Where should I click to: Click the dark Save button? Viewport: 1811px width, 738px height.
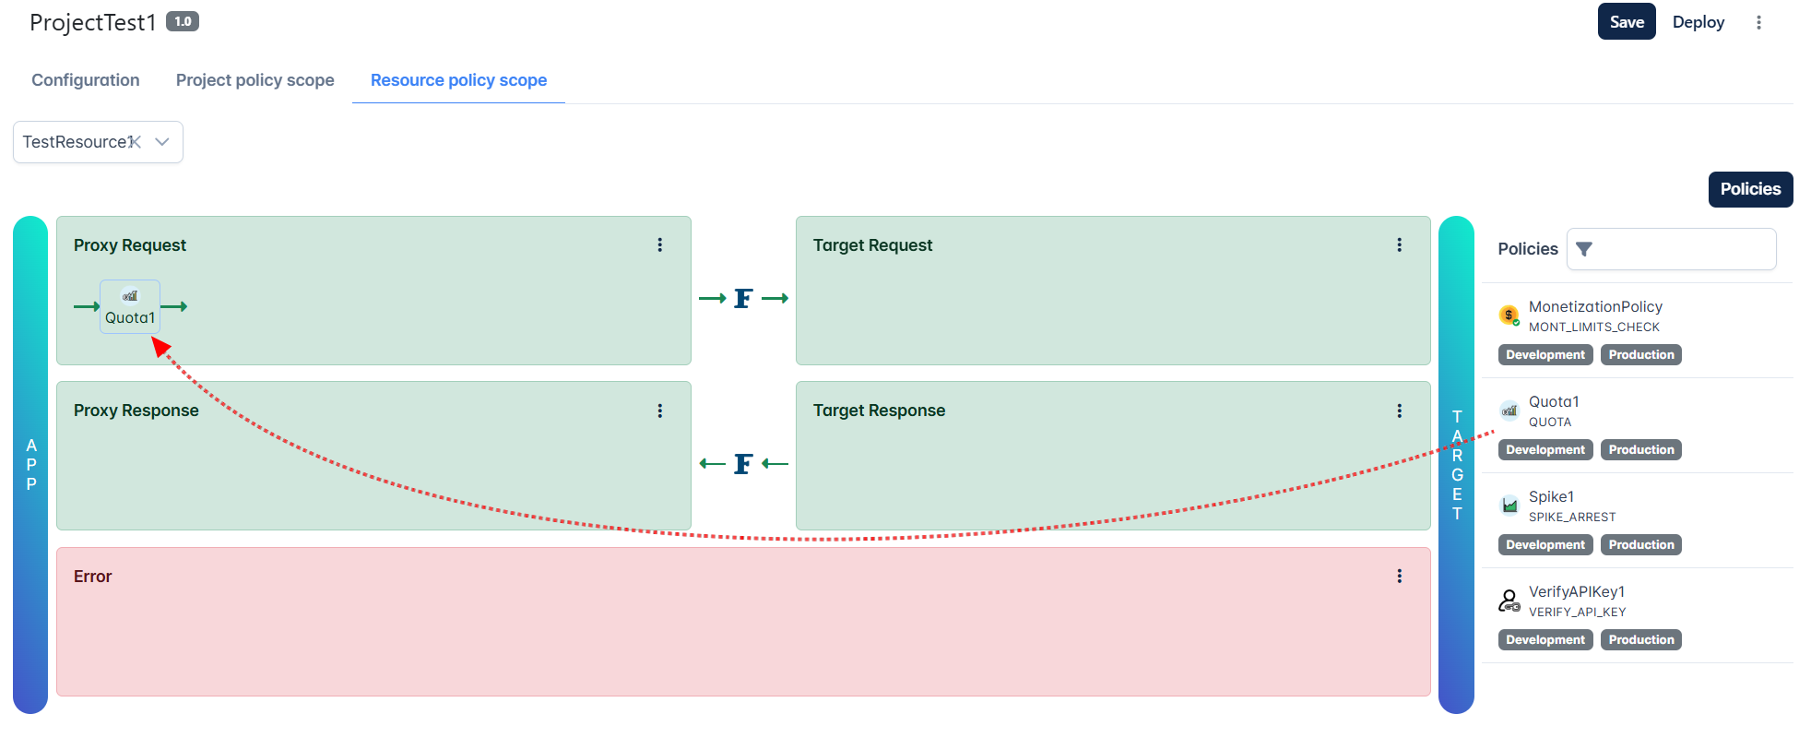coord(1627,22)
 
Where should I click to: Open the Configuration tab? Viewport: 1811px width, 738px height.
coord(86,80)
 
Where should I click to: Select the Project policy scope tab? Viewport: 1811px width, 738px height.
coord(255,80)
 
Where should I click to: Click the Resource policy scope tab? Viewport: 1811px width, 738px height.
coord(458,80)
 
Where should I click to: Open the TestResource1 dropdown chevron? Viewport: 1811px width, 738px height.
coord(162,142)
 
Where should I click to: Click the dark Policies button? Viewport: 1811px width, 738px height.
coord(1750,189)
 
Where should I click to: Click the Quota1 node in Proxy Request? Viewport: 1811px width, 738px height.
coord(130,306)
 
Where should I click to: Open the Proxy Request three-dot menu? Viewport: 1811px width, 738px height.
coord(660,244)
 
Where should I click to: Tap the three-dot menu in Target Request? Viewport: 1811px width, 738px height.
coord(1400,244)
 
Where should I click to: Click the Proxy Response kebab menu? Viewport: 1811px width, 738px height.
coord(660,411)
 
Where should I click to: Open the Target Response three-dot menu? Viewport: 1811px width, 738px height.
coord(1400,411)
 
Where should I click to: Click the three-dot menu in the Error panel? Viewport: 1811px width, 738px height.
coord(1400,576)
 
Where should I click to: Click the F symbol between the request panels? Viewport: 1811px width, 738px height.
coord(743,298)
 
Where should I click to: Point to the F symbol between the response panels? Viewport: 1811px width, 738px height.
coord(743,463)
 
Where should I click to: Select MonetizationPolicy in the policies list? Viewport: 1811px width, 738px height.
coord(1595,306)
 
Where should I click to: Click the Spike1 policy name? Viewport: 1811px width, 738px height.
coord(1551,496)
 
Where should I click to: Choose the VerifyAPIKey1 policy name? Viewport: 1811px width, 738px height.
coord(1577,591)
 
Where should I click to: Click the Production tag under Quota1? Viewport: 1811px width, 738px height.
coord(1641,449)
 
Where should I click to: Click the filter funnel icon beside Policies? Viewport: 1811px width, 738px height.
coord(1584,249)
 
